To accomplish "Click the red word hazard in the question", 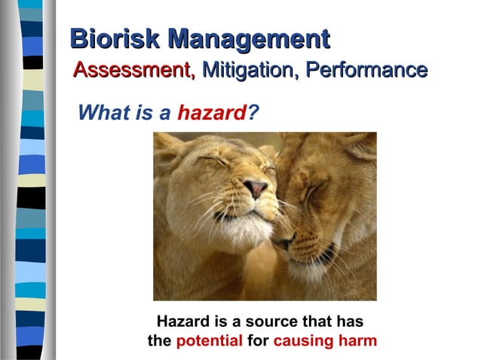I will pos(212,113).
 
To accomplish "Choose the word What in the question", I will pos(104,113).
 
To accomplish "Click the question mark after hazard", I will pos(254,113).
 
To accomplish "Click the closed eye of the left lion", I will pos(213,161).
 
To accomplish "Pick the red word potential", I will pos(209,340).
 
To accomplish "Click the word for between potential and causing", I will pos(258,340).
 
